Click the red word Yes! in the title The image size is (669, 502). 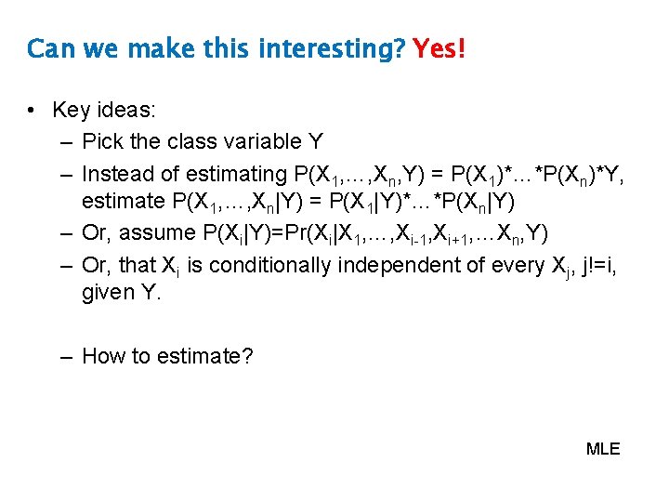pyautogui.click(x=439, y=47)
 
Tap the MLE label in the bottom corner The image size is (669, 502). pyautogui.click(x=603, y=449)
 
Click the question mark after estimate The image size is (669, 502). pyautogui.click(x=246, y=356)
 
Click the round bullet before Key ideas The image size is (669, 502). pyautogui.click(x=32, y=111)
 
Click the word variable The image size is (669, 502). pyautogui.click(x=256, y=141)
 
